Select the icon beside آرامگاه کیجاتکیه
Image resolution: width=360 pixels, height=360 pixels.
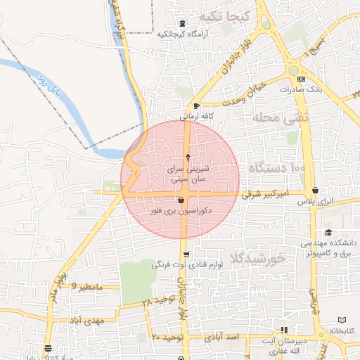[x=184, y=23]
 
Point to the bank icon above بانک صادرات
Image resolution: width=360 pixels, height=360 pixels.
[x=301, y=79]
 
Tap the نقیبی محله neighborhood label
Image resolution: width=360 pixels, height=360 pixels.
[x=288, y=118]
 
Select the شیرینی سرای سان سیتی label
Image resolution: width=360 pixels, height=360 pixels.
[x=187, y=174]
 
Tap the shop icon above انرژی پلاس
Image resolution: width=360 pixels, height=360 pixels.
[x=314, y=191]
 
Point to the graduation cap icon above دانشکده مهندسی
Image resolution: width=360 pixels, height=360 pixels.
[x=328, y=233]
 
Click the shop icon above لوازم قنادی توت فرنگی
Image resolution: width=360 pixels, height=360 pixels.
[x=186, y=255]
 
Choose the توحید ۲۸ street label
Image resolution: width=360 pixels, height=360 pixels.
[x=156, y=301]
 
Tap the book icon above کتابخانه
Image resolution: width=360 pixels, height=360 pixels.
[x=342, y=320]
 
